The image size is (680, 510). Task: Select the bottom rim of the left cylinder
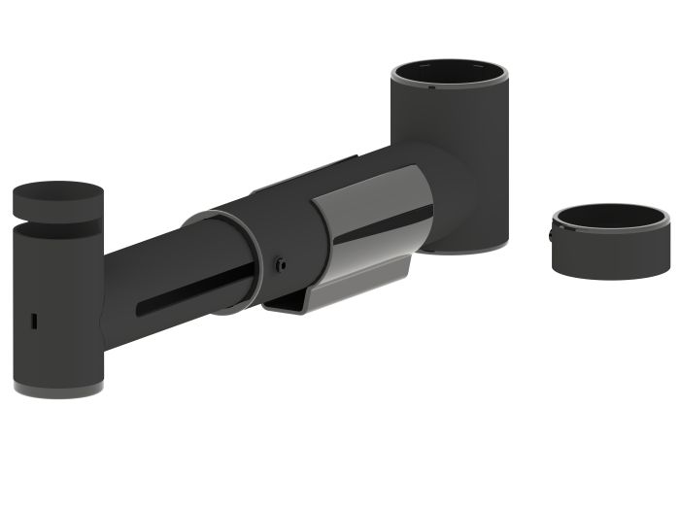coord(58,391)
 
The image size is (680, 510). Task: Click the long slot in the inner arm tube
coord(194,292)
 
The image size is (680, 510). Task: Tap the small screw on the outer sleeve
coord(280,264)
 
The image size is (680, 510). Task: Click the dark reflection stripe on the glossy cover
coord(383,224)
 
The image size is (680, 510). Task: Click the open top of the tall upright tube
coord(449,74)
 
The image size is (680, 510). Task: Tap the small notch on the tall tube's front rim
coord(431,87)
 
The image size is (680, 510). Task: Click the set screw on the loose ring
coord(551,234)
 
